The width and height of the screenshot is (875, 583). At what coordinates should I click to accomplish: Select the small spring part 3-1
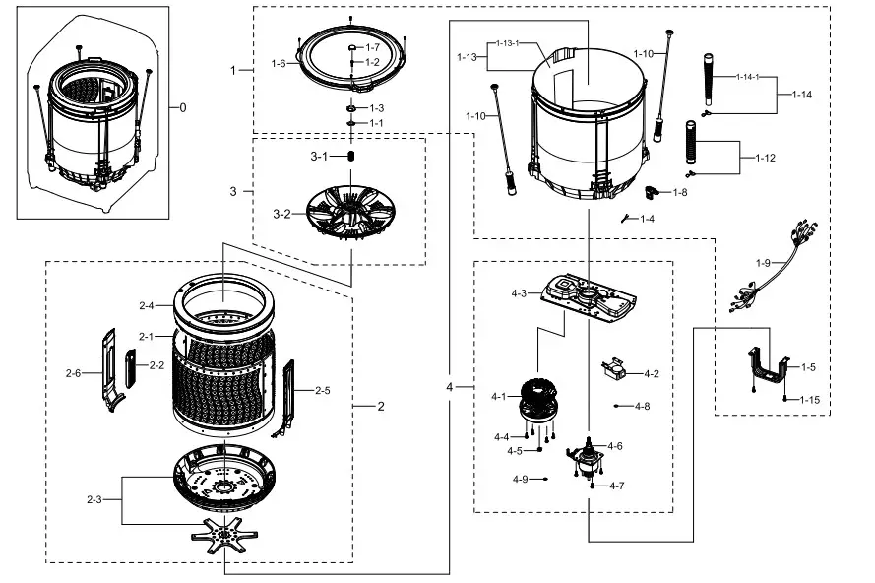point(352,157)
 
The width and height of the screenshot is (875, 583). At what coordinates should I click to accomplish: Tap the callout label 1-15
point(809,399)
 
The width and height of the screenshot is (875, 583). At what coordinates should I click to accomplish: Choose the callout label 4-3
point(520,292)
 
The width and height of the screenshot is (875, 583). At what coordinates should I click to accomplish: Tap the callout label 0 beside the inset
point(182,107)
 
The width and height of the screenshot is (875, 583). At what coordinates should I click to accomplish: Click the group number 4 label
point(450,387)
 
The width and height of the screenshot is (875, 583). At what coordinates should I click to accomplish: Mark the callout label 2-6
point(73,373)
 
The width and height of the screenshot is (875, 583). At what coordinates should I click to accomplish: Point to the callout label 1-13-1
point(507,44)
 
